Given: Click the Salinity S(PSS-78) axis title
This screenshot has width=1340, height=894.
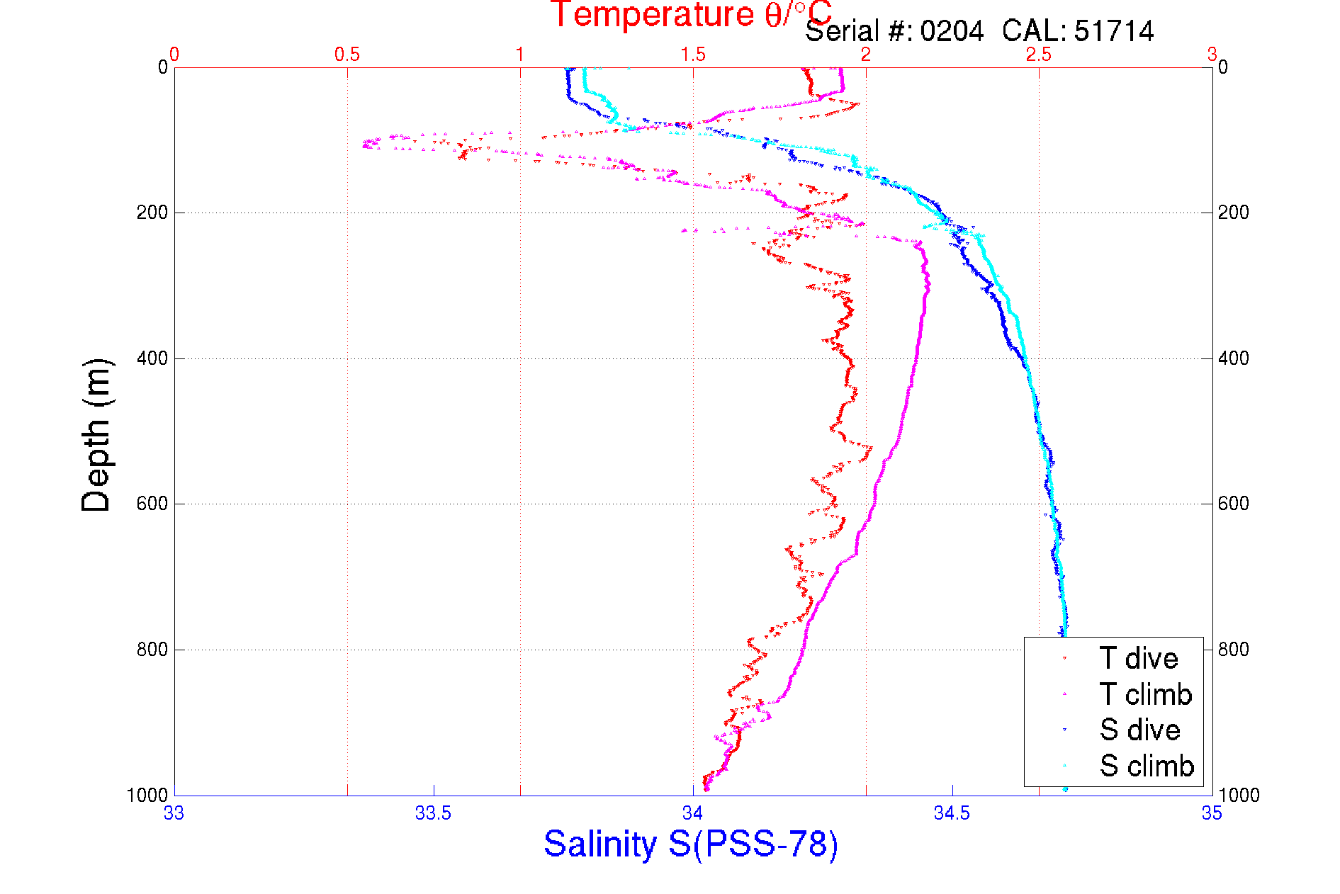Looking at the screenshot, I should point(691,844).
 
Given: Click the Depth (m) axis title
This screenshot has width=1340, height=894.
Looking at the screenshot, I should point(96,435).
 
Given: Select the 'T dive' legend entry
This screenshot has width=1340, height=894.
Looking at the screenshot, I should point(1138,659).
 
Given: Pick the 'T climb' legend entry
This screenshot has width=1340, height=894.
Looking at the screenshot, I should point(1145,694).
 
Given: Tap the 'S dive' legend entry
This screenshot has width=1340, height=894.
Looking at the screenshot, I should point(1139,730).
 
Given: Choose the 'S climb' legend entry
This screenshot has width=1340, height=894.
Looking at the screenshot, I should point(1147,766).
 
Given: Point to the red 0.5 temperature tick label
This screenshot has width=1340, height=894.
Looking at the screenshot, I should point(347,55).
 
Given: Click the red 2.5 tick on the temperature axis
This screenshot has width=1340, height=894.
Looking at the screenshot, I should point(1039,55).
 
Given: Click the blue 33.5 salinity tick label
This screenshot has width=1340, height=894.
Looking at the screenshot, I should point(433,813).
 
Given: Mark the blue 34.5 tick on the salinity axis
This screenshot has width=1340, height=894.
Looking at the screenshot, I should point(952,813).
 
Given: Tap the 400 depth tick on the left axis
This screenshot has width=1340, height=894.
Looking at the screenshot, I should point(152,358).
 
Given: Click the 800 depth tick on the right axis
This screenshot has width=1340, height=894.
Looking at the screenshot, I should point(1233,650).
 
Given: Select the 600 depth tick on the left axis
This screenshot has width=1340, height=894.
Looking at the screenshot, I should point(152,504).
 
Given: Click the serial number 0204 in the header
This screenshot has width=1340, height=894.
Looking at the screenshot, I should point(952,32).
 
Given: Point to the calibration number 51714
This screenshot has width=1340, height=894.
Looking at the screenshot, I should point(1113,32).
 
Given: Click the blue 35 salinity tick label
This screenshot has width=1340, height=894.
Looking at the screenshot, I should point(1212,813).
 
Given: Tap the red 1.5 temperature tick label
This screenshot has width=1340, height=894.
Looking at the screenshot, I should point(693,55).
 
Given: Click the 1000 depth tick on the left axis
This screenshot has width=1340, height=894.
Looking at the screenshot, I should point(147,795).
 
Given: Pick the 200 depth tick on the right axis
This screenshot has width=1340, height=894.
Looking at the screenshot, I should point(1233,213).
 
